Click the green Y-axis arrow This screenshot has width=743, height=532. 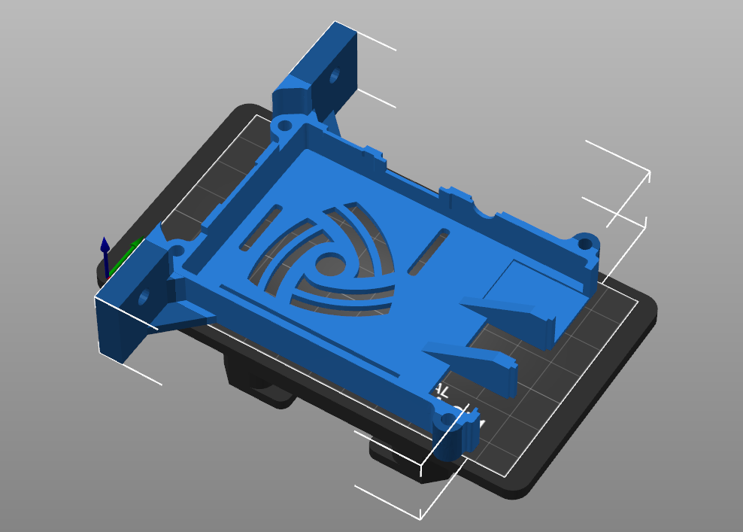pos(135,245)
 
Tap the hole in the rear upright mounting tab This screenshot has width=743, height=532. pos(335,75)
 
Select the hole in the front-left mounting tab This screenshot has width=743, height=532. pos(143,296)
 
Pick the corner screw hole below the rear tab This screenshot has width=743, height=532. pos(284,127)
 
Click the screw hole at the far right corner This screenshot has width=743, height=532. pos(584,243)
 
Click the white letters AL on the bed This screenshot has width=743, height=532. pos(441,391)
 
